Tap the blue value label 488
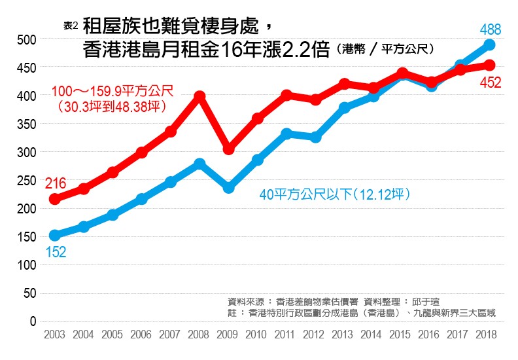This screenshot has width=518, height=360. click(490, 29)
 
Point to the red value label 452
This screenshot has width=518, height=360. click(490, 82)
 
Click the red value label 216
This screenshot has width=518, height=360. click(56, 184)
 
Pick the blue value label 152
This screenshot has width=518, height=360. click(56, 252)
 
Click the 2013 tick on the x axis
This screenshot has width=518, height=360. click(344, 334)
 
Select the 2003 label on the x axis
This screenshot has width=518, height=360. click(54, 334)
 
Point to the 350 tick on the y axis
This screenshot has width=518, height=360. click(27, 124)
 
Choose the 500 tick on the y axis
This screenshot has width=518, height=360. click(27, 39)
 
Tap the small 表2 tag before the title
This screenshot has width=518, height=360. click(70, 26)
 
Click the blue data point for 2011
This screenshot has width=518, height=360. click(286, 134)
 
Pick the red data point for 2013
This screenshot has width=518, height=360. click(344, 84)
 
